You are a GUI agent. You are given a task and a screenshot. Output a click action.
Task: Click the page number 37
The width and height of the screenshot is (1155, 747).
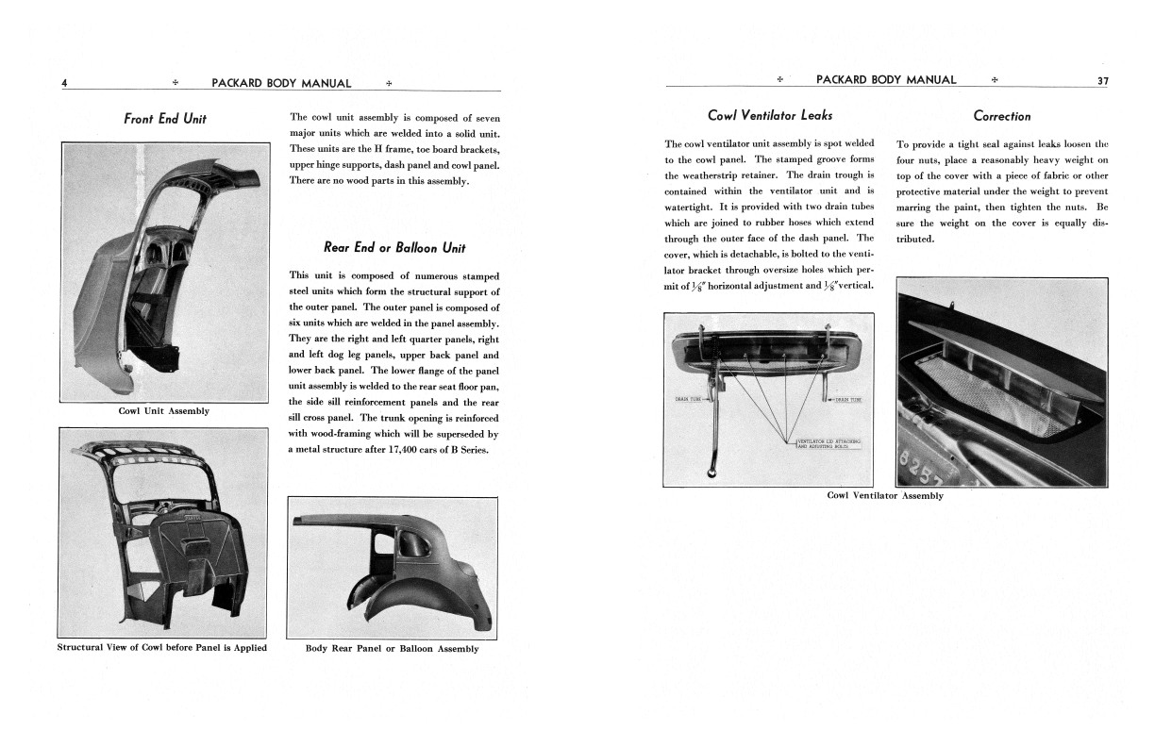[1102, 80]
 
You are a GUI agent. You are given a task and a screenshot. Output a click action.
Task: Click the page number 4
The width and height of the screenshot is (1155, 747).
[64, 83]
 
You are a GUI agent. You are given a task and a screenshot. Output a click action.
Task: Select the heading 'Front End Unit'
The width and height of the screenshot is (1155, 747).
[165, 119]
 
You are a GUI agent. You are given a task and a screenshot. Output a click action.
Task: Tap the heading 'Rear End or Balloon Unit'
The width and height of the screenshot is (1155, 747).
[393, 248]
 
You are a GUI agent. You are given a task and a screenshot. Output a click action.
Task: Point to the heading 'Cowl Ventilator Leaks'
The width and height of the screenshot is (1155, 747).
[769, 116]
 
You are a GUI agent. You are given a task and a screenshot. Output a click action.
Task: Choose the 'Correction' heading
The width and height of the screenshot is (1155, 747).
[1001, 117]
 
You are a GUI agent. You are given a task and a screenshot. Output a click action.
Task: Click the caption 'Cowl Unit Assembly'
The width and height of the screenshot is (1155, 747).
[164, 411]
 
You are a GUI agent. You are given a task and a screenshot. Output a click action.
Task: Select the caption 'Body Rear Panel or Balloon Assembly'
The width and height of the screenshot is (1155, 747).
[392, 649]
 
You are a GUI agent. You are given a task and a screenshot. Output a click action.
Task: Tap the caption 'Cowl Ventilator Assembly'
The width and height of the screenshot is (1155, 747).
[884, 495]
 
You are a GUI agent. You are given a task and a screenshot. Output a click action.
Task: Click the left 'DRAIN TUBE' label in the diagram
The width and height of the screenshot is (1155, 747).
[691, 399]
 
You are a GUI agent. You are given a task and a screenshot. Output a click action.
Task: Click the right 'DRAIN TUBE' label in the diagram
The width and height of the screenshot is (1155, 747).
[848, 400]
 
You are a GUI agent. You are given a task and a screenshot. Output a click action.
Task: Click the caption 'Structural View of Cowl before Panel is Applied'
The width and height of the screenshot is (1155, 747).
[162, 648]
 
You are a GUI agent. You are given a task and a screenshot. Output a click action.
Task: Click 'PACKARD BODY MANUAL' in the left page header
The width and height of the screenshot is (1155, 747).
[281, 83]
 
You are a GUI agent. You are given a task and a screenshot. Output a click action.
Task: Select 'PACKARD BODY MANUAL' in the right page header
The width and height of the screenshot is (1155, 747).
[885, 80]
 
